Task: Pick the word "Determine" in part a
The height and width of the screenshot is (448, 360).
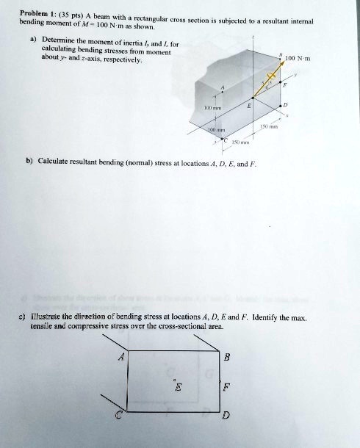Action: pyautogui.click(x=60, y=38)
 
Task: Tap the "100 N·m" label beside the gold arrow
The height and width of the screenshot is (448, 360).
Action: pyautogui.click(x=300, y=58)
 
